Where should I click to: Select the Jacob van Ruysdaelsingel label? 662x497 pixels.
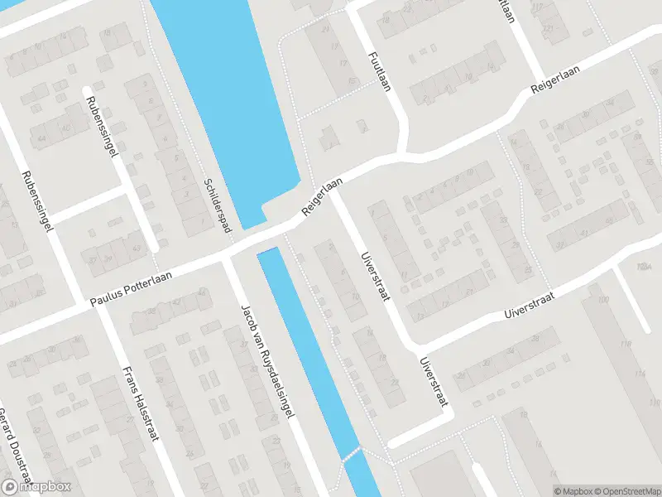[266, 364]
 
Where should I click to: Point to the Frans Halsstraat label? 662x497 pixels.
[140, 407]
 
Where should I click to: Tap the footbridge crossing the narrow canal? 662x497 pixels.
[352, 454]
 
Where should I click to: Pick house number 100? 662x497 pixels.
[602, 299]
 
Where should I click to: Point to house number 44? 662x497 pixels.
[41, 138]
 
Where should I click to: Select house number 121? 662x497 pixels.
[546, 30]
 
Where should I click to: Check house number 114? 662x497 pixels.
[639, 375]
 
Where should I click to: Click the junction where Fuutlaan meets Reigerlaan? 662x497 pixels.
[402, 152]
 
